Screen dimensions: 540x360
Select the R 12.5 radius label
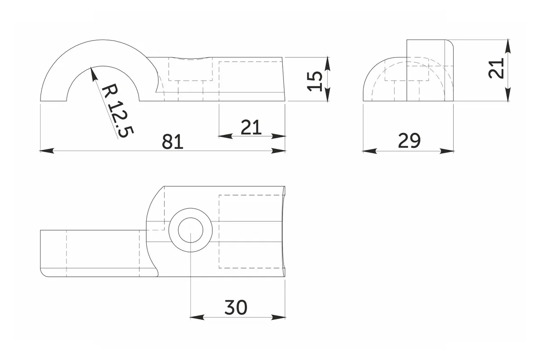[x=117, y=111]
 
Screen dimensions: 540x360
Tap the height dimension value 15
[x=315, y=81]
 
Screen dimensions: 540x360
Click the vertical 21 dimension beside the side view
[x=496, y=68]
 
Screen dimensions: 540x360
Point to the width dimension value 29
[x=409, y=140]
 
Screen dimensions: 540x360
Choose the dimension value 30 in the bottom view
[x=236, y=307]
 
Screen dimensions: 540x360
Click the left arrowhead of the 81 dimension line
[x=47, y=151]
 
